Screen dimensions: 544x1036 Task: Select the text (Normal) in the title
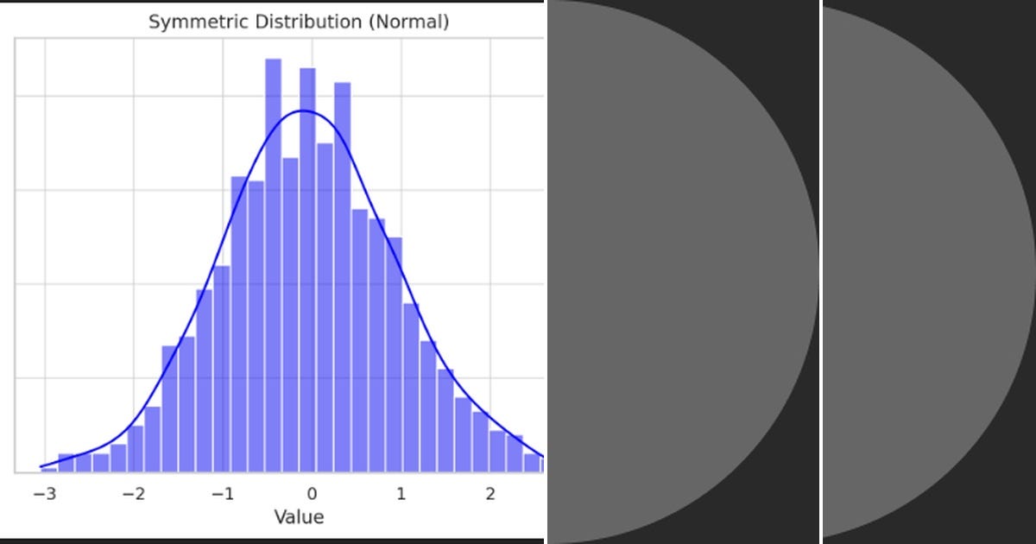pos(408,22)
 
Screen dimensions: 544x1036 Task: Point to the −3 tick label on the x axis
pos(44,495)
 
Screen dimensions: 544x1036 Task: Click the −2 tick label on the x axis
pos(133,495)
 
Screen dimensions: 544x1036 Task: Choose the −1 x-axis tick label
pos(223,495)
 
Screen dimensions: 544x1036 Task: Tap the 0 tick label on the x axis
pos(312,495)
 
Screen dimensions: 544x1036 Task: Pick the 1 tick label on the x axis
pos(401,495)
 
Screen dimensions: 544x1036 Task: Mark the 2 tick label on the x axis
pos(490,495)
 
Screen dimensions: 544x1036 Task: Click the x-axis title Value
pos(299,517)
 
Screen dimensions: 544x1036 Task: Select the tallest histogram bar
pos(273,259)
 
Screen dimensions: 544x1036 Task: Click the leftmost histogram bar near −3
pos(49,469)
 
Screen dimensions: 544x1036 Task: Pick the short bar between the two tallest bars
pos(291,311)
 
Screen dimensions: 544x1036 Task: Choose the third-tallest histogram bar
pos(342,276)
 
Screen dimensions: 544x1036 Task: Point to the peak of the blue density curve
pos(304,111)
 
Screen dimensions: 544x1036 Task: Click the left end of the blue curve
pos(41,466)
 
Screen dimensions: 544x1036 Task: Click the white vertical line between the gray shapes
pos(820,272)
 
